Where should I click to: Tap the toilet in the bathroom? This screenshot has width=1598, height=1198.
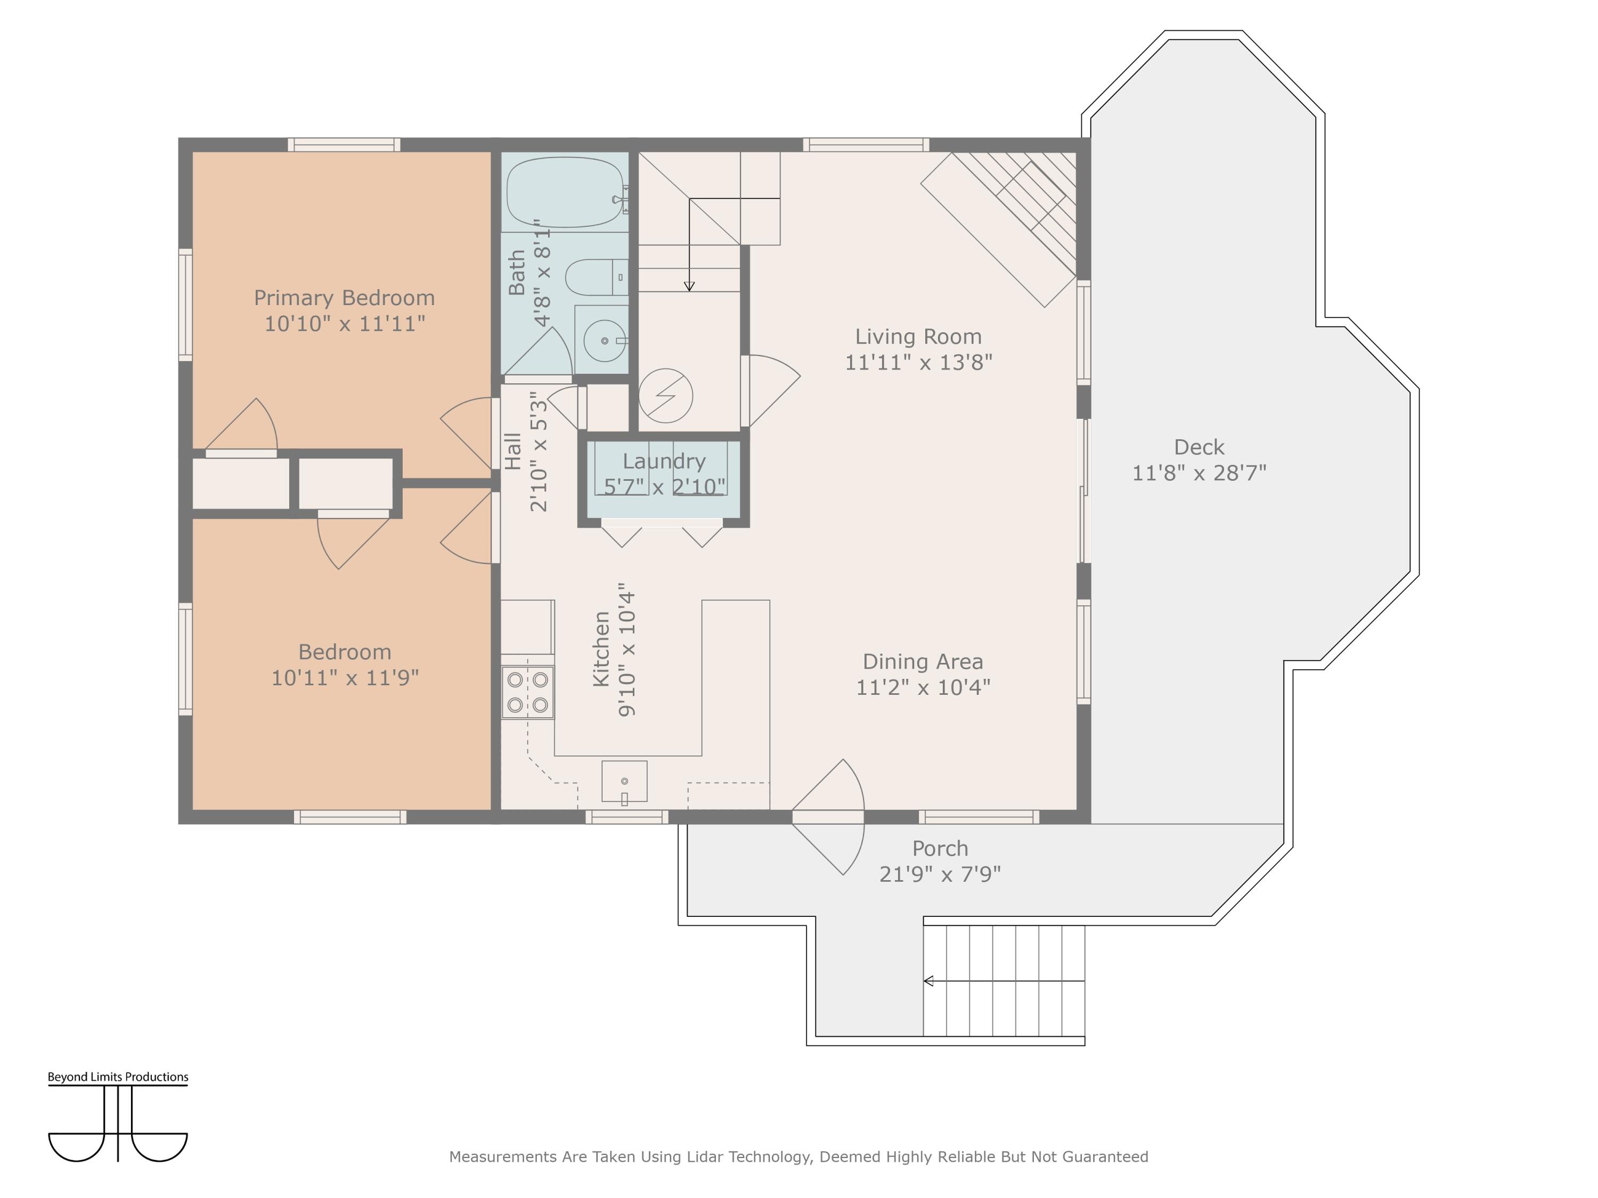click(x=597, y=277)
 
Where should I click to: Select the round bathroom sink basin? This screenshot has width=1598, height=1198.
click(x=604, y=341)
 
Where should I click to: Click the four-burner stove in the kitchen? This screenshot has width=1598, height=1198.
click(x=528, y=692)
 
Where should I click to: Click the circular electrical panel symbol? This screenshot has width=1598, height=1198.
click(x=666, y=396)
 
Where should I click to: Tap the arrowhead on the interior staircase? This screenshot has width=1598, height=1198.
click(x=689, y=286)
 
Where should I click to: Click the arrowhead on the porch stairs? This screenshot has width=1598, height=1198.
click(x=929, y=981)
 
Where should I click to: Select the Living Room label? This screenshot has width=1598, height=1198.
click(x=918, y=337)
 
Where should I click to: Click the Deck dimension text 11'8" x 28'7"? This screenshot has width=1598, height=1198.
click(x=1199, y=473)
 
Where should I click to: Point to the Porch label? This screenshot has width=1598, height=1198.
click(x=940, y=849)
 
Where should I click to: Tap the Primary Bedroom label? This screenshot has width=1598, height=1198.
click(x=345, y=298)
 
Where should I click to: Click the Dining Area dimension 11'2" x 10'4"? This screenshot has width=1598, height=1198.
click(x=923, y=687)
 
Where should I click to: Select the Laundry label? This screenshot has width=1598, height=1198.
click(x=664, y=462)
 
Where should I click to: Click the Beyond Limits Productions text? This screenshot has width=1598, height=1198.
click(x=118, y=1077)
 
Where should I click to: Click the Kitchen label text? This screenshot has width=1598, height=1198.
click(x=601, y=649)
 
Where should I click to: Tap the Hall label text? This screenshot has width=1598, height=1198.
click(x=512, y=452)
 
